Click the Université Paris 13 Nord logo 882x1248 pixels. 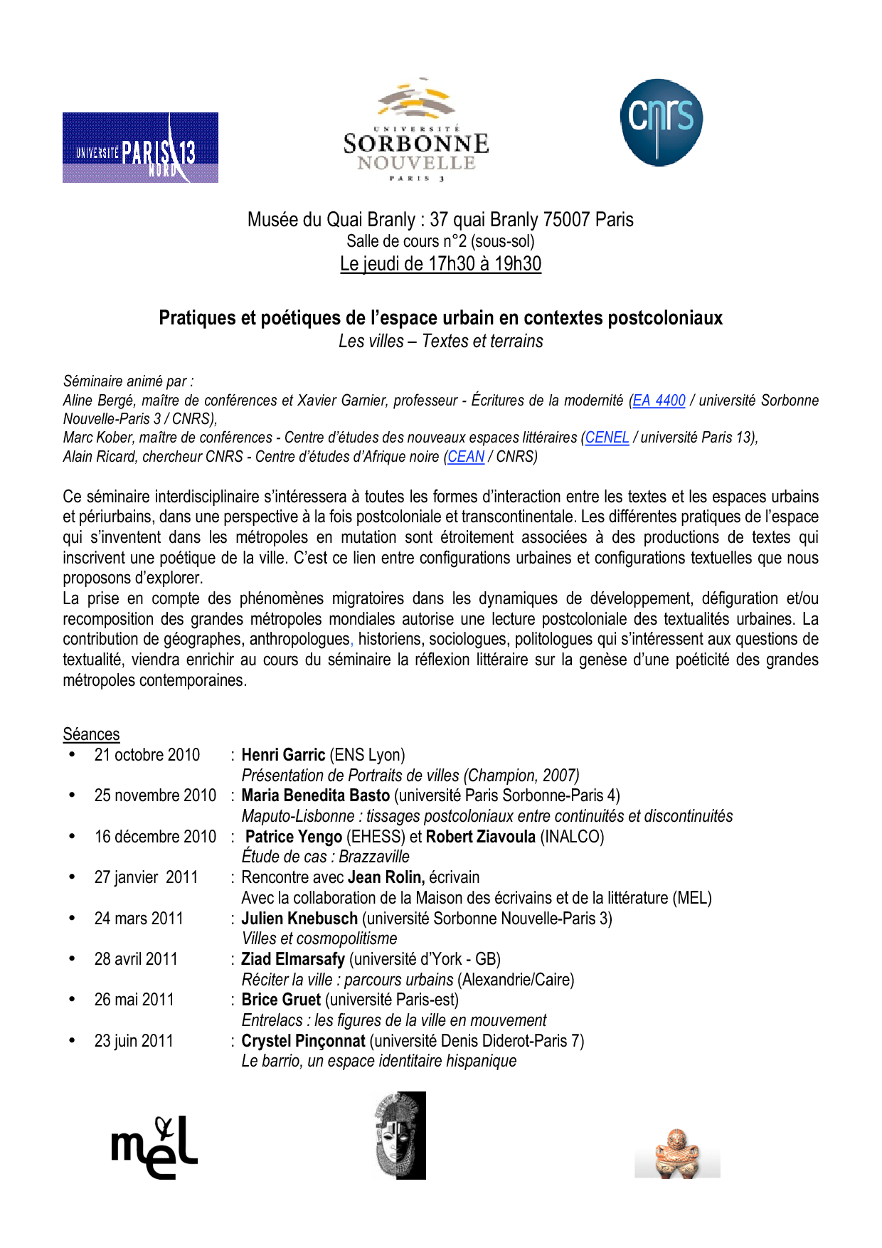[x=140, y=148]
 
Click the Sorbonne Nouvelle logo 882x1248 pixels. [x=416, y=130]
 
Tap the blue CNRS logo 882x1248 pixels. [x=661, y=122]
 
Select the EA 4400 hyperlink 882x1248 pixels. [x=659, y=401]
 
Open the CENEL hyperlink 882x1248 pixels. [x=607, y=438]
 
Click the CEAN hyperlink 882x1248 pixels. [x=466, y=457]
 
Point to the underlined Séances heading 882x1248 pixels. [x=91, y=734]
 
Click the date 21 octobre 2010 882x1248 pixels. [x=147, y=755]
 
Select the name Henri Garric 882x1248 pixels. [x=283, y=755]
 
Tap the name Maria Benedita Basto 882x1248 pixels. [x=315, y=795]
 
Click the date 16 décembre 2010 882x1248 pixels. [x=155, y=837]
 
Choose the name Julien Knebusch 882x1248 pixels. [x=299, y=919]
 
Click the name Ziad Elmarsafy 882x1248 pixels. [x=293, y=959]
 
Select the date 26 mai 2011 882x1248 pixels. [x=134, y=1000]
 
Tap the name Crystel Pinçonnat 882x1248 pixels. [x=303, y=1041]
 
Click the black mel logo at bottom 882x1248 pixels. [x=154, y=1146]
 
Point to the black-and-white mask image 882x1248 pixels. [x=400, y=1136]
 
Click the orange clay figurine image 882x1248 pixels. [x=677, y=1153]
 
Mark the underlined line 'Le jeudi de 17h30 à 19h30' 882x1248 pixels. [x=440, y=264]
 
